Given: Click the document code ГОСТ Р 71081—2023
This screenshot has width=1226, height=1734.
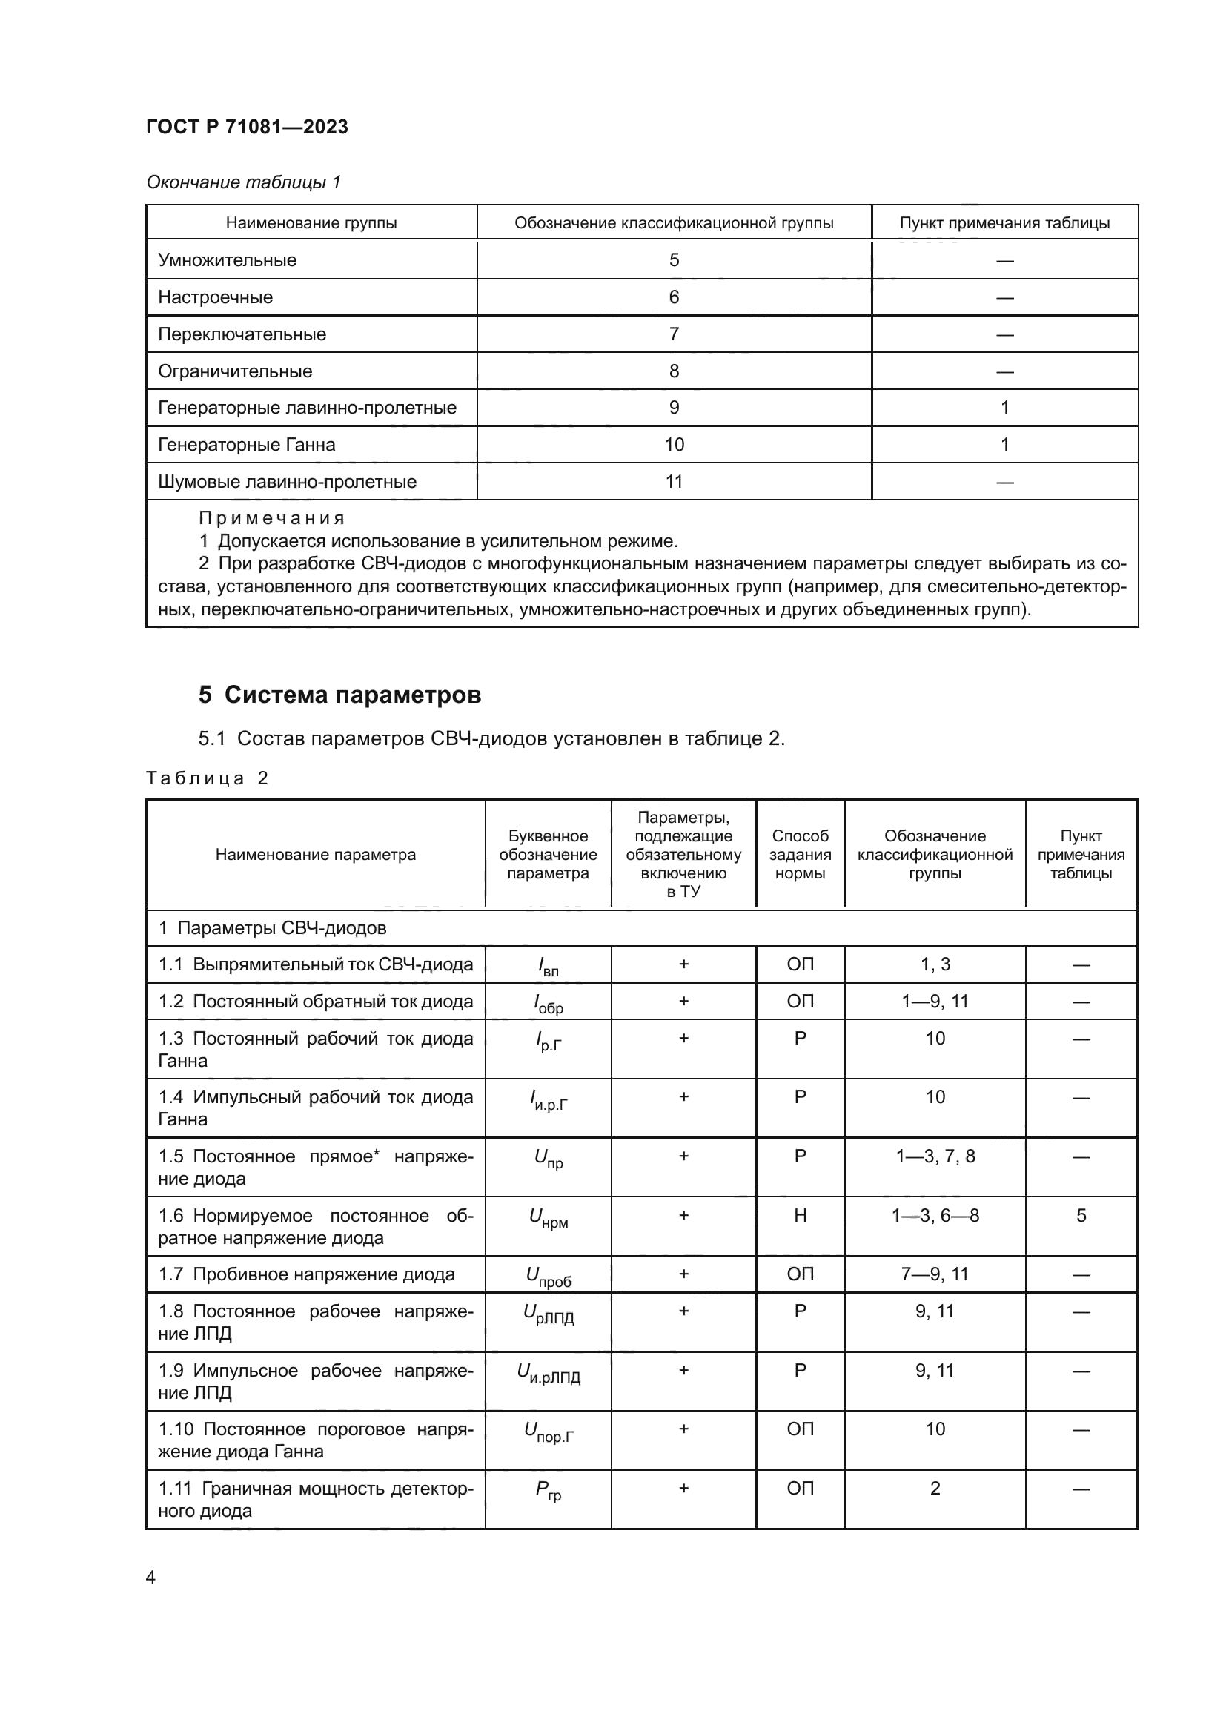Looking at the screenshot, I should click(x=247, y=127).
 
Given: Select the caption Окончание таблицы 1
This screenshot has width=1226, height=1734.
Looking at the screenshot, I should click(x=243, y=182).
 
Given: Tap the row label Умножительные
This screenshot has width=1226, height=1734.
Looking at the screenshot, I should click(x=227, y=259).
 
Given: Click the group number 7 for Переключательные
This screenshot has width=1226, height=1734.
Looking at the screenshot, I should click(x=673, y=334).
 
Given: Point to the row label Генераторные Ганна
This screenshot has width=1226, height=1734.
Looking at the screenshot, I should click(x=246, y=445).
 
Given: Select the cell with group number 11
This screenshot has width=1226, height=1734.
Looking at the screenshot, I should click(x=673, y=482).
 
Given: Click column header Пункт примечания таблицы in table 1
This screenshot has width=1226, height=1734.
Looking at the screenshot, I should click(x=1004, y=223).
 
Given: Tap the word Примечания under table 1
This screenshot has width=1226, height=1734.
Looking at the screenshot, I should click(x=272, y=518).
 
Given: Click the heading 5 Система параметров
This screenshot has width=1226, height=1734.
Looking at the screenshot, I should click(x=339, y=694).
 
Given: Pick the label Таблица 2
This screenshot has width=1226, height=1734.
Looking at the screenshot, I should click(x=208, y=778).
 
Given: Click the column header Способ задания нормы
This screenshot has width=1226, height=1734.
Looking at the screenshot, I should click(x=800, y=854).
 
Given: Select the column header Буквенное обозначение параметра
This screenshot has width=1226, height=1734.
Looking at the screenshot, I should click(x=547, y=854).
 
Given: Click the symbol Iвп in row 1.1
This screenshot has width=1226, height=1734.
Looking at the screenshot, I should click(x=547, y=966).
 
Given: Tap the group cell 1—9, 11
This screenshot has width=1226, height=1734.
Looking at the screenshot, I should click(x=935, y=1002).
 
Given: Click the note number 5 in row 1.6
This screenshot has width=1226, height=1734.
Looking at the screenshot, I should click(x=1080, y=1215).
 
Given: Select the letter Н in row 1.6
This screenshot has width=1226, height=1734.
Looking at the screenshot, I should click(x=801, y=1215).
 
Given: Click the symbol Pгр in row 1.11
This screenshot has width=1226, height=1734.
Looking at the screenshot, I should click(x=548, y=1490).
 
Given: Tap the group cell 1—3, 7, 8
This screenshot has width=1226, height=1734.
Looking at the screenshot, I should click(x=935, y=1156).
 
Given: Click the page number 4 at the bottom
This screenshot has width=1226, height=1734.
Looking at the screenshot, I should click(x=150, y=1578).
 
